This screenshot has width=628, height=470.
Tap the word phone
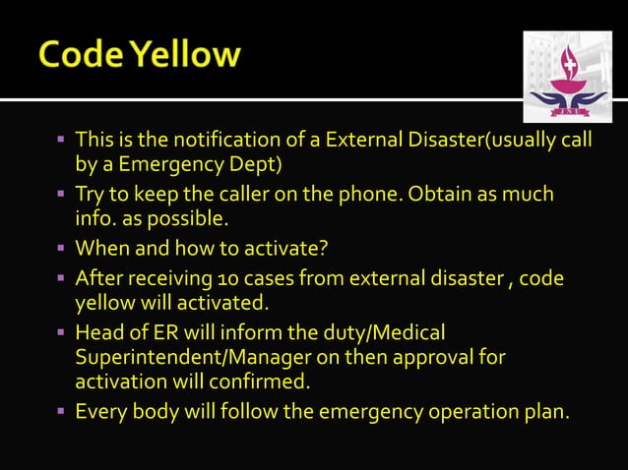[356, 194]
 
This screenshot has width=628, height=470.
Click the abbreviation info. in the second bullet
[95, 215]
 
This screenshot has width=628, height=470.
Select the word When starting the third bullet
[101, 247]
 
